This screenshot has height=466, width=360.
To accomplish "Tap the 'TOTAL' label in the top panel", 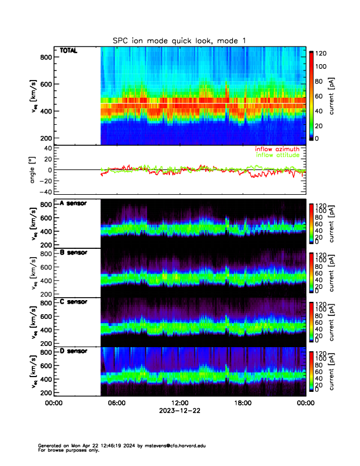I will click(x=68, y=51).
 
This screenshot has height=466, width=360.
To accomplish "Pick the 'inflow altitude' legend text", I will click(x=279, y=156).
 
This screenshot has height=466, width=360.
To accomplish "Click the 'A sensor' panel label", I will click(x=74, y=204).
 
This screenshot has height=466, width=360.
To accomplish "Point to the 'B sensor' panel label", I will click(x=74, y=252).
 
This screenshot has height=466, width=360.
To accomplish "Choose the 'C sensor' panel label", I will click(x=74, y=302).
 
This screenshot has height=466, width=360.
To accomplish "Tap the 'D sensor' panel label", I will click(x=74, y=351).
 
